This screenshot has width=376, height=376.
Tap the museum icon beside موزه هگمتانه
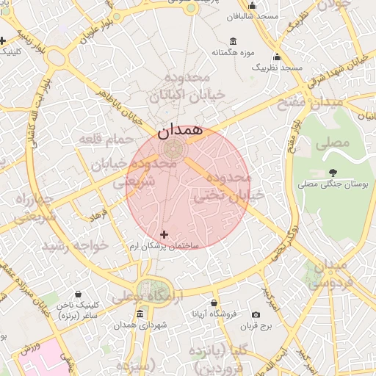point(234,41)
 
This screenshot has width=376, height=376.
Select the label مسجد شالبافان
point(252,15)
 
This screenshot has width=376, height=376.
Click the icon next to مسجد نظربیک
point(277,57)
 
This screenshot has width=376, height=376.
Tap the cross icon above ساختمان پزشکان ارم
point(164,234)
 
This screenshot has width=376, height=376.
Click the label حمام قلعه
point(114,140)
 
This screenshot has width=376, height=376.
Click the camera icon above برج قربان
point(256,314)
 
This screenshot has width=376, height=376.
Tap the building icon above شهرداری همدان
point(140,314)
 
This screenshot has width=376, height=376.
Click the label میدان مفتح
point(310,103)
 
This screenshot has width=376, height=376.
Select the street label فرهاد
point(98,215)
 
